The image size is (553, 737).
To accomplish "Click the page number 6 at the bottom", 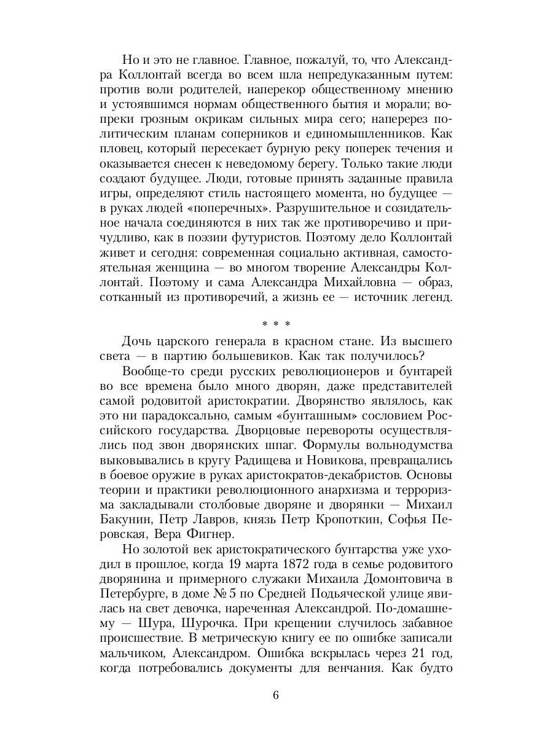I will (276, 696).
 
